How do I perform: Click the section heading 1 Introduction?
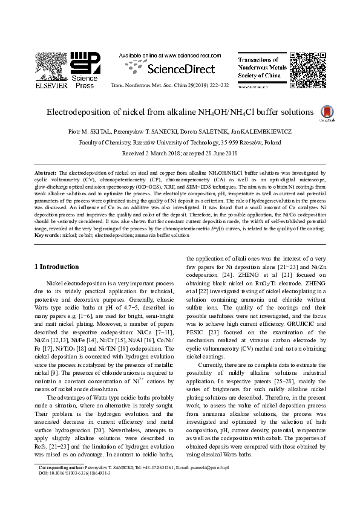56,267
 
